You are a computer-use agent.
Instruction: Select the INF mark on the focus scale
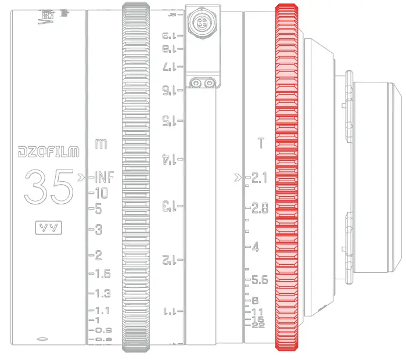tap(104, 177)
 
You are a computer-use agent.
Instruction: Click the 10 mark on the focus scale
tap(101, 193)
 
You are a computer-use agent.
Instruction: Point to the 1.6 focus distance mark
tap(102, 273)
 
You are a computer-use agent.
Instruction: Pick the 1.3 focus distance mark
tap(102, 293)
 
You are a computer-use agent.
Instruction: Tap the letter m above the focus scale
tap(100, 143)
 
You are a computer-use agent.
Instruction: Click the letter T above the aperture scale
tap(260, 143)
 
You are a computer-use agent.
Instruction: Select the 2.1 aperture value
tap(259, 178)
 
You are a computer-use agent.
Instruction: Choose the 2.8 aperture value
tap(259, 208)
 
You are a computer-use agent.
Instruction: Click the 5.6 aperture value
tap(259, 280)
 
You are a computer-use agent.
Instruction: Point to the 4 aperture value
tap(256, 248)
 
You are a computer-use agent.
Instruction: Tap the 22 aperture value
tap(258, 325)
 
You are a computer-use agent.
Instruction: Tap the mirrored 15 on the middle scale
tap(168, 121)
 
